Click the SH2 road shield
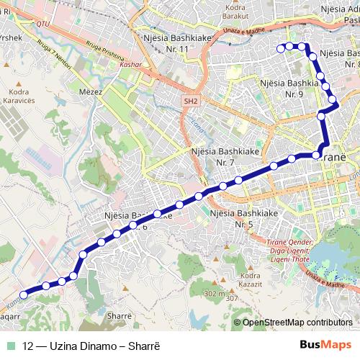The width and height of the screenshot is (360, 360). tap(189, 102)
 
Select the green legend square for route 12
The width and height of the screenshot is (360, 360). tap(9, 344)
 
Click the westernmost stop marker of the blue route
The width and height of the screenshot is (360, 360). tap(24, 294)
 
